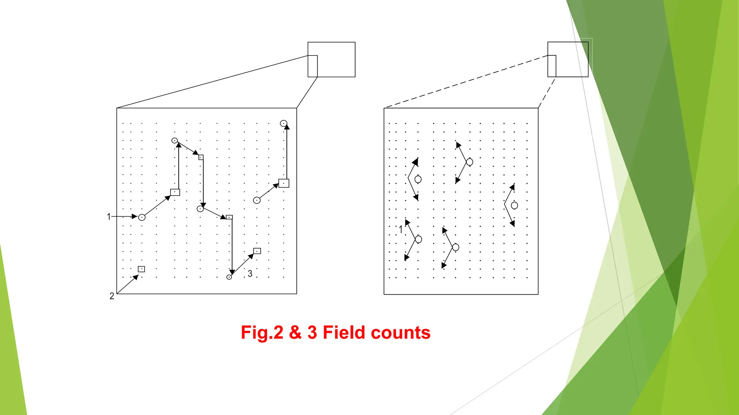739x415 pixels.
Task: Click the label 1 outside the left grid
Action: pyautogui.click(x=109, y=217)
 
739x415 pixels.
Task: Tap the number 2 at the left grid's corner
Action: pyautogui.click(x=112, y=296)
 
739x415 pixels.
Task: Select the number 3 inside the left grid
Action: pyautogui.click(x=250, y=274)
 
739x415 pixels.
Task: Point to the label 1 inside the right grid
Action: pyautogui.click(x=401, y=229)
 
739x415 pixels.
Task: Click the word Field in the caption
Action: pyautogui.click(x=346, y=333)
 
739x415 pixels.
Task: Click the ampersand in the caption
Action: pyautogui.click(x=295, y=333)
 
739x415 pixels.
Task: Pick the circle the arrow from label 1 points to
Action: pyautogui.click(x=142, y=217)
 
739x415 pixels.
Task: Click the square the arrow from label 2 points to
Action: pyautogui.click(x=141, y=269)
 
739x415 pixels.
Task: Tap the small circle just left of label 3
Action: pyautogui.click(x=229, y=277)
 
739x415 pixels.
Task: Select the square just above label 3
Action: pyautogui.click(x=257, y=251)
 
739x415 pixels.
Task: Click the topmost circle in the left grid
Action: pyautogui.click(x=284, y=124)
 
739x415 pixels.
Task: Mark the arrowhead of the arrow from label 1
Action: pyautogui.click(x=134, y=217)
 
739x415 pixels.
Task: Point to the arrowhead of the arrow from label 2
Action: pyautogui.click(x=136, y=277)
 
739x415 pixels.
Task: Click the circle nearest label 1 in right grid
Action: pyautogui.click(x=419, y=239)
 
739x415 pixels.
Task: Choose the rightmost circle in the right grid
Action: pyautogui.click(x=515, y=205)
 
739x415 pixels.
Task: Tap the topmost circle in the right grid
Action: pyautogui.click(x=469, y=162)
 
